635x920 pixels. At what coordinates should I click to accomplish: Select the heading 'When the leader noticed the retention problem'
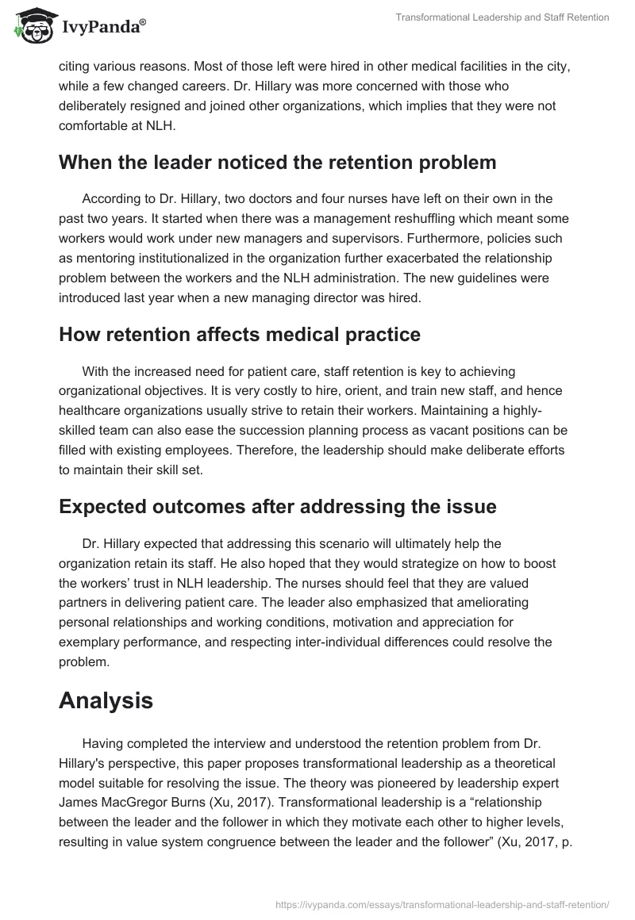[277, 163]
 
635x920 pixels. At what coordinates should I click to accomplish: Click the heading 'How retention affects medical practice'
[240, 335]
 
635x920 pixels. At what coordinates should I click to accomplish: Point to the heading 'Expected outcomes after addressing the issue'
[277, 507]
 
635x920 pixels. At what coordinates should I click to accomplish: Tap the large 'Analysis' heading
[106, 700]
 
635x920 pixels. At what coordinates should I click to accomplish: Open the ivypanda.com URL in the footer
[441, 903]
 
